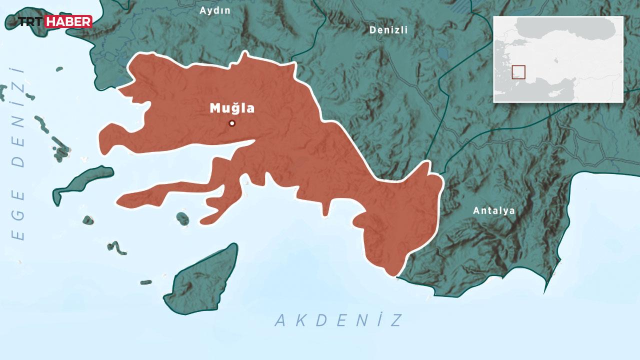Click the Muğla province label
pyautogui.click(x=232, y=108)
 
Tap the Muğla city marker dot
pyautogui.click(x=232, y=123)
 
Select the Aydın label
pyautogui.click(x=215, y=10)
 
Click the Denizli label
pyautogui.click(x=388, y=30)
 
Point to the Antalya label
pyautogui.click(x=494, y=210)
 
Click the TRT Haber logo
pyautogui.click(x=48, y=21)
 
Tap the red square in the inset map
pyautogui.click(x=518, y=72)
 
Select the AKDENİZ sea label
pyautogui.click(x=338, y=320)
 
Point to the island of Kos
pyautogui.click(x=82, y=182)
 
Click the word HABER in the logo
pyautogui.click(x=68, y=21)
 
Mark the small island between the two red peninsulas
pyautogui.click(x=183, y=218)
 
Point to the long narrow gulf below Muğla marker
pyautogui.click(x=235, y=146)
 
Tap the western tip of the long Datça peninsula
pyautogui.click(x=118, y=203)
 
